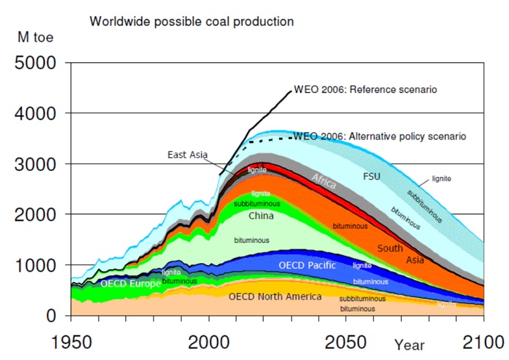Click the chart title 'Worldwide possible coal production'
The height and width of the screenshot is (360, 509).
(191, 21)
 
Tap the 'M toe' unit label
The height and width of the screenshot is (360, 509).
(35, 38)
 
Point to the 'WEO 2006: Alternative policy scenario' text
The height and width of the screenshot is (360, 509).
(380, 137)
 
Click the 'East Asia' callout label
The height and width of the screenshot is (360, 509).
(188, 155)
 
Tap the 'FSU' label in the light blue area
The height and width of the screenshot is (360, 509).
(371, 176)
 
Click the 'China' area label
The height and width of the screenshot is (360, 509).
(261, 216)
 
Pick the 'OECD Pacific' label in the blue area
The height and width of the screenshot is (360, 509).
(307, 265)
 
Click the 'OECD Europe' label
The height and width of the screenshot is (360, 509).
(130, 284)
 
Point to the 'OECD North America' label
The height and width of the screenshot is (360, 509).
(275, 296)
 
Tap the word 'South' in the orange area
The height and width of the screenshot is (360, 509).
(390, 248)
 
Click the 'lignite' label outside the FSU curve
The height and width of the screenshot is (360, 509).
(441, 178)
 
